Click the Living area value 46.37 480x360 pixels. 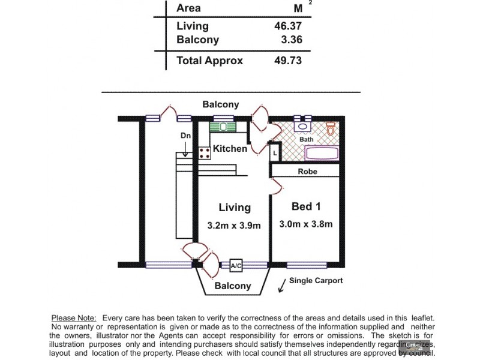tap(287, 26)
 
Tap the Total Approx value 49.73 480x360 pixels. tap(287, 61)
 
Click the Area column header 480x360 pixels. tap(188, 8)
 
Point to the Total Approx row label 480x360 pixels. tap(209, 61)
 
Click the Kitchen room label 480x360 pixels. tap(230, 148)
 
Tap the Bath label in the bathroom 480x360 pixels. tap(307, 139)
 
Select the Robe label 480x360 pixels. tap(307, 171)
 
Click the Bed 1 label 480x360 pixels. tap(306, 206)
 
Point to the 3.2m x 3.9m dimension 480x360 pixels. tap(234, 226)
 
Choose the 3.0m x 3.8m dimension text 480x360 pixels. tap(306, 224)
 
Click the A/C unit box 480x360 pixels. tap(236, 265)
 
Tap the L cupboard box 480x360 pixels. tap(274, 152)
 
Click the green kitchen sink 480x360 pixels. tap(224, 127)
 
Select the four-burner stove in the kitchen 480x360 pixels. tap(205, 151)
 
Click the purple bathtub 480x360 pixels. tap(322, 152)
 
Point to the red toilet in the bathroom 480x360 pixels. tap(331, 128)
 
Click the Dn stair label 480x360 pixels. tap(185, 136)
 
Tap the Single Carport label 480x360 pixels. tap(316, 281)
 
